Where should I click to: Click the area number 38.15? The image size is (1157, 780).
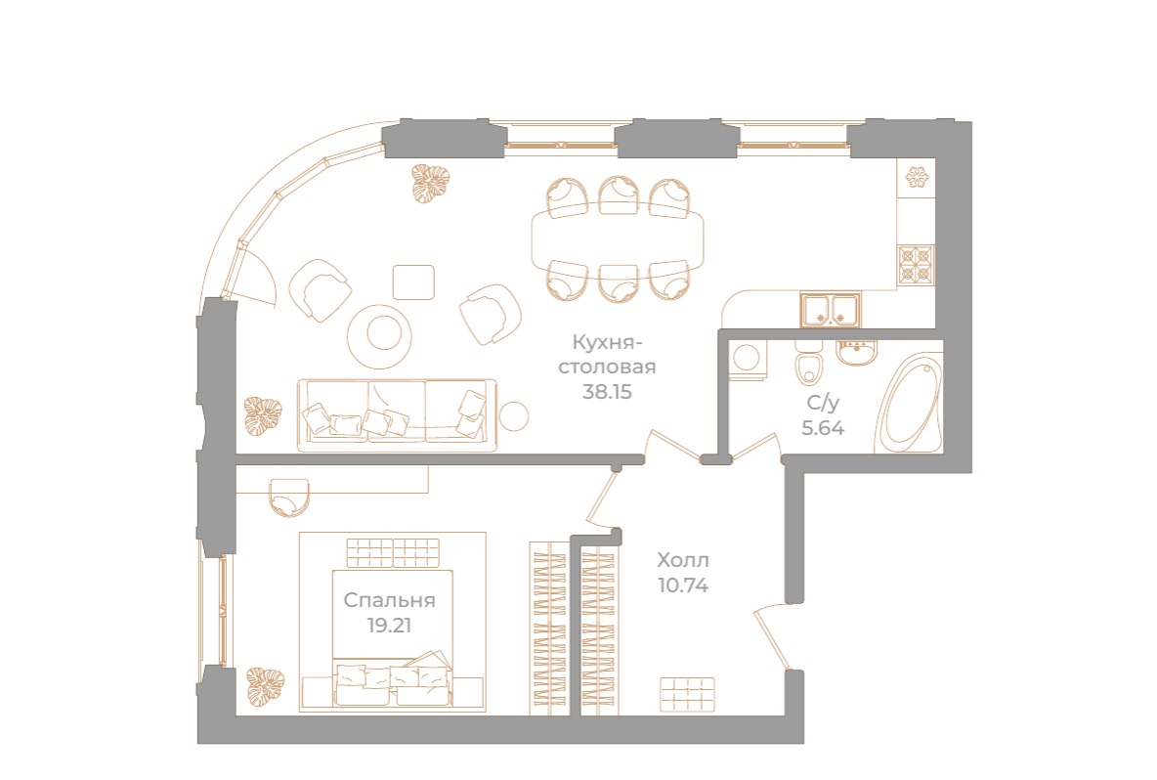[x=607, y=391]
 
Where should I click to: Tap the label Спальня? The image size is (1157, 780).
[x=389, y=600]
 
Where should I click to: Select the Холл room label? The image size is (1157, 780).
[x=682, y=560]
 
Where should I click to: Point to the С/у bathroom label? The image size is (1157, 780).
[x=823, y=403]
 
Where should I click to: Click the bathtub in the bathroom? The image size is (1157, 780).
[x=909, y=405]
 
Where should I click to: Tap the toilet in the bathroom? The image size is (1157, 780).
[x=809, y=363]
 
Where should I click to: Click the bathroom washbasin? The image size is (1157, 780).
[x=857, y=352]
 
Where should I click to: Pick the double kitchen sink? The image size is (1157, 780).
[x=831, y=310]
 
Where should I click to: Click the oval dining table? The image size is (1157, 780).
[x=618, y=238]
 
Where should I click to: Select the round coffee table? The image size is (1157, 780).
[x=379, y=336]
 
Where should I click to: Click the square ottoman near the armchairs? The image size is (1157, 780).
[x=413, y=282]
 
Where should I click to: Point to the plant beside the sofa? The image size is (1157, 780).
[x=264, y=414]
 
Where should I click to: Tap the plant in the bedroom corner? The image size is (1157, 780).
[x=265, y=686]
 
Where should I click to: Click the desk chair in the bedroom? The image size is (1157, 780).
[x=288, y=498]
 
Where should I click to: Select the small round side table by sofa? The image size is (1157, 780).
[x=514, y=415]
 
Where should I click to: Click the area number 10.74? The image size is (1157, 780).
[x=682, y=585]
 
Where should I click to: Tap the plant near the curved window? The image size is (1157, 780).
[x=431, y=184]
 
